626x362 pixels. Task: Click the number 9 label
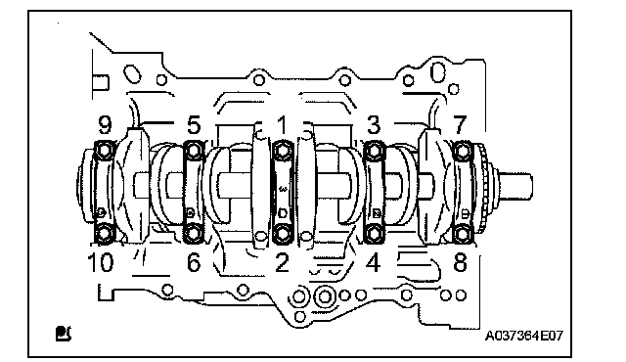click(x=105, y=125)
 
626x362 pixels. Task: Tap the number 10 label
click(x=100, y=262)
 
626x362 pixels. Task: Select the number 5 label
click(x=194, y=125)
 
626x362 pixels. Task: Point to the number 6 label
click(x=194, y=262)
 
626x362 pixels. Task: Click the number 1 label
click(x=283, y=125)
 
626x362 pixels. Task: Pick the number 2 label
click(x=282, y=262)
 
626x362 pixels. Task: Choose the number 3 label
click(x=374, y=125)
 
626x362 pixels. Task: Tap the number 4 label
click(x=374, y=262)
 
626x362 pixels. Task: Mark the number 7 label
click(x=460, y=125)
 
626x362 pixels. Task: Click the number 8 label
click(x=460, y=262)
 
